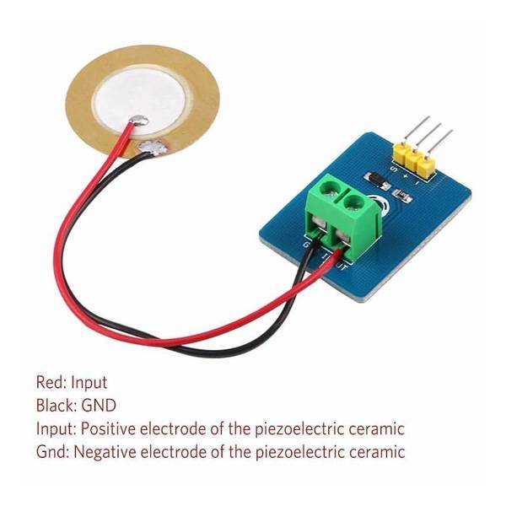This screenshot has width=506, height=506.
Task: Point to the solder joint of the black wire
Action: [x=153, y=148]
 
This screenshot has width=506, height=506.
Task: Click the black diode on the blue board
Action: [x=376, y=177]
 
